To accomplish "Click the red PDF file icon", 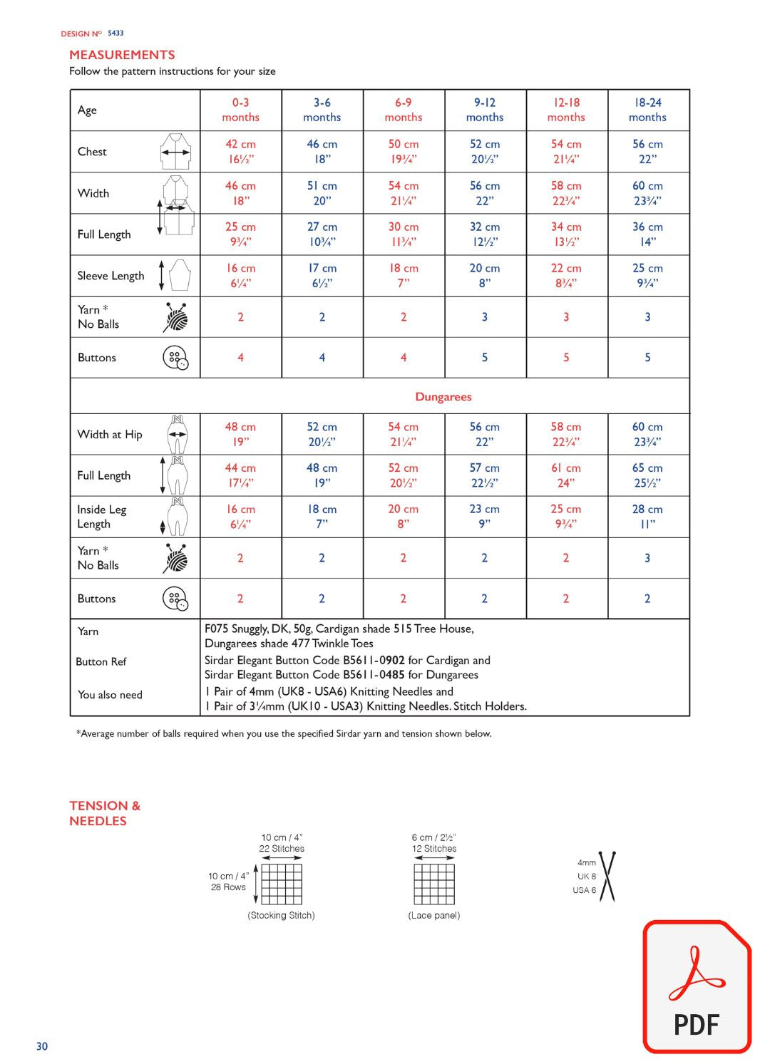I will coord(697,986).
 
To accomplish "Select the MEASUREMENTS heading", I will coord(122,55).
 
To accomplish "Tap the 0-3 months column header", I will coord(240,110).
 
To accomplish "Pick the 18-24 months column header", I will coord(647,110).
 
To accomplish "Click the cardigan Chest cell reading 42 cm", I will coord(240,151).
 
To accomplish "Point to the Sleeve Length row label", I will coord(111,276).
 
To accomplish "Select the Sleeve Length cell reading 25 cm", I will coord(647,276).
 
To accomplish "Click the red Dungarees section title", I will coord(443,397).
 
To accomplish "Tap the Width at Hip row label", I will coord(110,434).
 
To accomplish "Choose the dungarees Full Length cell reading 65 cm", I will coord(647,475).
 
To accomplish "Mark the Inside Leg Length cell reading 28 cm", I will coord(647,517).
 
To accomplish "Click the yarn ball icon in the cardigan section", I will coord(175,317).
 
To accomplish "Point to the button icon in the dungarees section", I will coord(175,599).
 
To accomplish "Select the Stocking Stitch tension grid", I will coord(282,884).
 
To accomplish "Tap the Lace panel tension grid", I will coord(434,884).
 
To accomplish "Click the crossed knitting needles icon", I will coord(607,877).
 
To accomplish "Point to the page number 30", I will coord(42,1046).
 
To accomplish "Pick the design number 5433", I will coord(115,33).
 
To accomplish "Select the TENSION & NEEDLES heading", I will coord(105,813).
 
